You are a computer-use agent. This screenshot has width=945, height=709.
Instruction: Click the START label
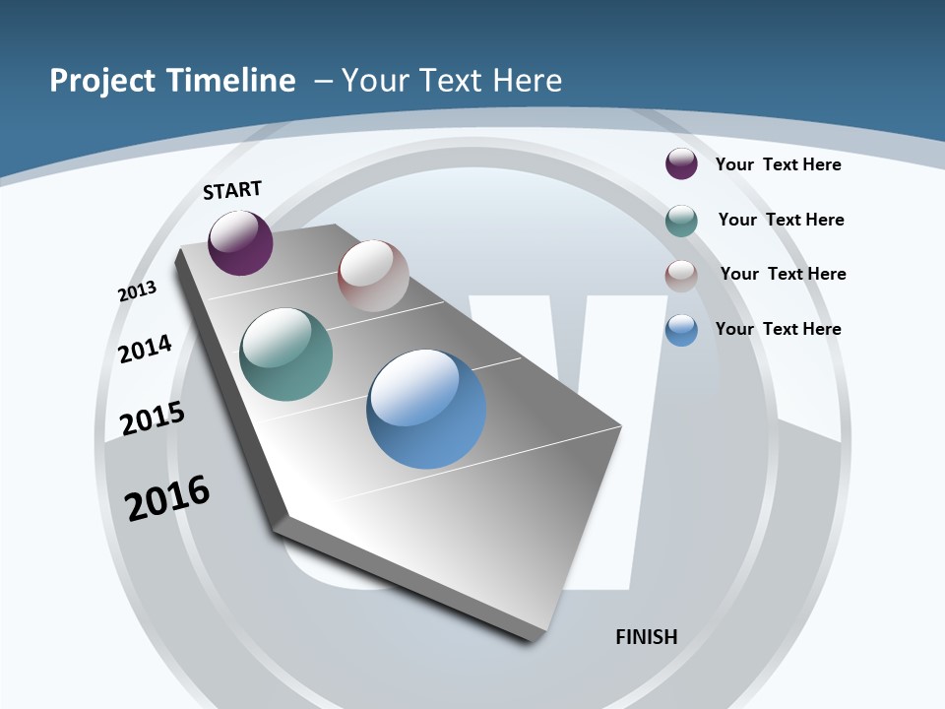tap(232, 190)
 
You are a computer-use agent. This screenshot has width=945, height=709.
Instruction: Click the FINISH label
tap(647, 637)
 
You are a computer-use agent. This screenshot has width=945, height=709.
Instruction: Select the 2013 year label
tap(138, 290)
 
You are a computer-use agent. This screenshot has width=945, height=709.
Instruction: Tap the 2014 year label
tap(146, 349)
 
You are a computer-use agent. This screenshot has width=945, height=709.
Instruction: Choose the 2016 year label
tap(167, 497)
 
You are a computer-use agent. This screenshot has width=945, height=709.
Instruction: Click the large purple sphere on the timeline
tap(240, 242)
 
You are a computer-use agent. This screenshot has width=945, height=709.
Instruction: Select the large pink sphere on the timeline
tap(373, 276)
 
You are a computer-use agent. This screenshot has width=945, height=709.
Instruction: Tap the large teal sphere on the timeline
tap(286, 354)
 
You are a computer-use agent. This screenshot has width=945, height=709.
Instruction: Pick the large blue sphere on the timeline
tap(426, 409)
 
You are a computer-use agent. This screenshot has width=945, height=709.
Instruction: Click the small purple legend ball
tap(681, 163)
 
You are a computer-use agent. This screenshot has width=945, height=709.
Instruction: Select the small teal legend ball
tap(681, 221)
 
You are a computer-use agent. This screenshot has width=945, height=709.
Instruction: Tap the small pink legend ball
tap(681, 276)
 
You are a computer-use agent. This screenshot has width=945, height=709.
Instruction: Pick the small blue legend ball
tap(681, 330)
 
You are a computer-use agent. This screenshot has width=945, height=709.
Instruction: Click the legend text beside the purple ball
tap(778, 164)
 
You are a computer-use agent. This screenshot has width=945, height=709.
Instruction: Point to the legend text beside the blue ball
tap(778, 329)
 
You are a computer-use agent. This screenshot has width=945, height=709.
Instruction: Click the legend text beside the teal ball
tap(781, 220)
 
